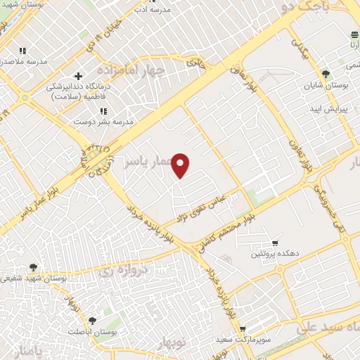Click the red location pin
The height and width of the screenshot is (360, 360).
pos(181,165)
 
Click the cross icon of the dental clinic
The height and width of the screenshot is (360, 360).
pos(77,76)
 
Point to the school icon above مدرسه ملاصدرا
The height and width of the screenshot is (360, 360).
pos(23,51)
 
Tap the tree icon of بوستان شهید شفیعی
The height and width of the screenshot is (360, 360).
pos(34,267)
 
